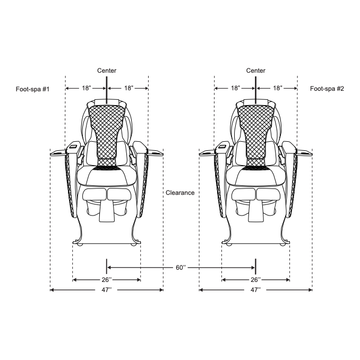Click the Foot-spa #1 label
point(32,89)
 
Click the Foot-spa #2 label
point(327,89)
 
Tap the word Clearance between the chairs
point(180,193)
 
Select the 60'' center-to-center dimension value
point(181,268)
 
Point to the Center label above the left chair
point(107,71)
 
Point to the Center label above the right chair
point(256,71)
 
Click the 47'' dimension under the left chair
point(107,290)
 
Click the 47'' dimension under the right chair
point(255,290)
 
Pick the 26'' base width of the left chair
point(107,280)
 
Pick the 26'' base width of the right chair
point(255,280)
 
